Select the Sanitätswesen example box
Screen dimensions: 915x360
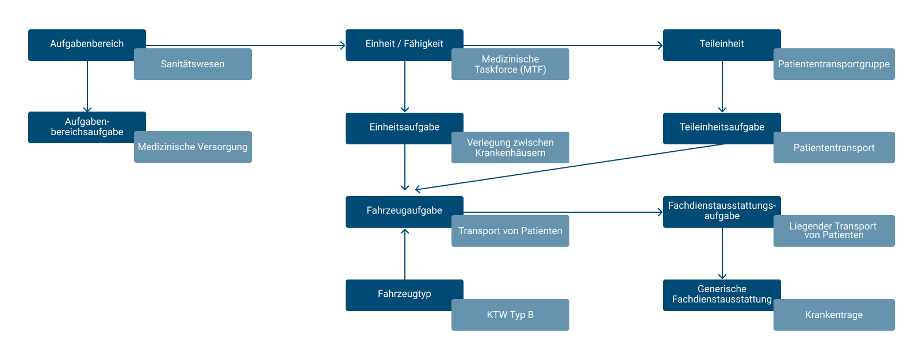point(193,64)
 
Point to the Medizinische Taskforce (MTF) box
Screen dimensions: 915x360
point(510,64)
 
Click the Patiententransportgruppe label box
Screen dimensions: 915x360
point(834,64)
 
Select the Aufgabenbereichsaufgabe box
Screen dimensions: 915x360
point(87,127)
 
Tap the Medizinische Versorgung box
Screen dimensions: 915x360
point(193,147)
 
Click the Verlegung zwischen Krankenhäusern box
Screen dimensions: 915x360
point(510,148)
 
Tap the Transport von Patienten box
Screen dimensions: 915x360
point(510,231)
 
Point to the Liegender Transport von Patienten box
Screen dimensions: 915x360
point(834,231)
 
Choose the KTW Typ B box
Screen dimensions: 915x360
point(510,315)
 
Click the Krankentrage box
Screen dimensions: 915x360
point(834,315)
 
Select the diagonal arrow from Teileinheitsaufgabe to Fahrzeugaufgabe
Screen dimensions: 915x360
point(569,167)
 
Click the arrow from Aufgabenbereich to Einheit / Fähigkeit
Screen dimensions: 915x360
point(246,45)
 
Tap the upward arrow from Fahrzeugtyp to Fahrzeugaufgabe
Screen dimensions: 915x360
point(405,254)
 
